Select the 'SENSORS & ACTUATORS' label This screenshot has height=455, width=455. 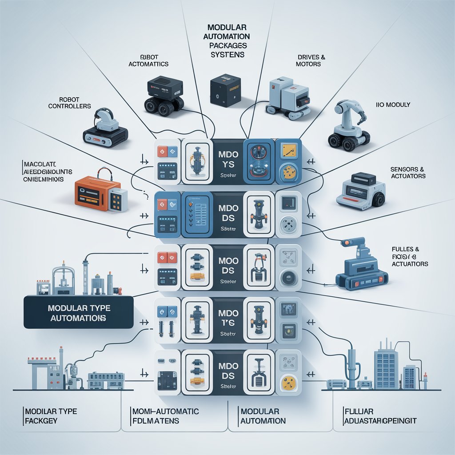[407, 173]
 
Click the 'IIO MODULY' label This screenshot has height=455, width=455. [393, 105]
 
